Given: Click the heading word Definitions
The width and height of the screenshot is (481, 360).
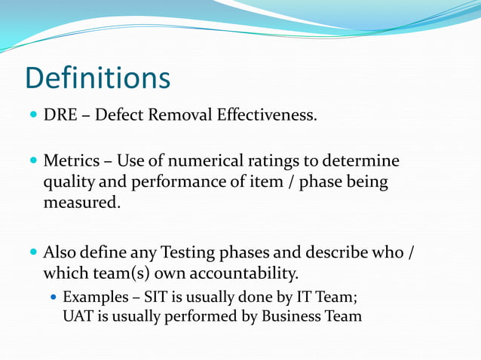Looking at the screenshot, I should point(97,78).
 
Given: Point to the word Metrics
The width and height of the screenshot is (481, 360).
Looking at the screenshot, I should point(70,161).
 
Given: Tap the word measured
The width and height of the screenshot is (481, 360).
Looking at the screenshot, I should point(81,202).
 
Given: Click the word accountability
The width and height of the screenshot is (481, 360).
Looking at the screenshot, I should point(248,271).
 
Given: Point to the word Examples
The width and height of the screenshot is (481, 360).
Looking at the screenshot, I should point(92,297).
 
